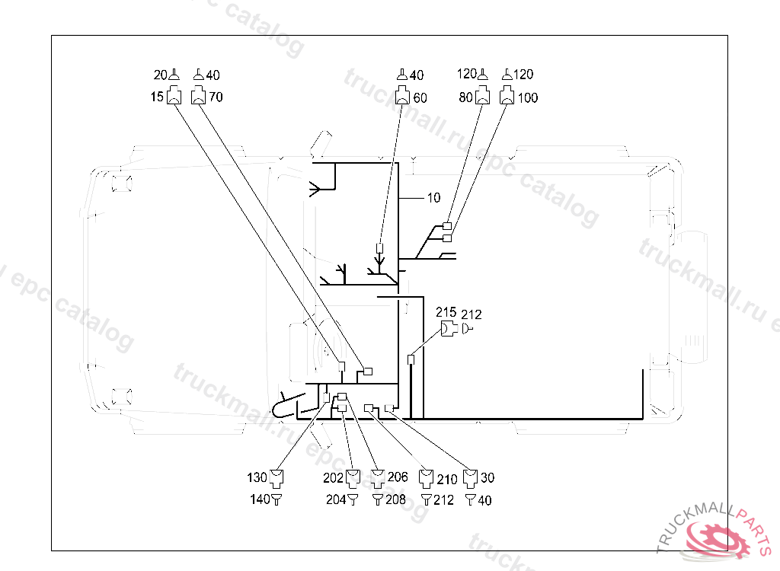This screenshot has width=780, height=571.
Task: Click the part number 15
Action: click(x=156, y=97)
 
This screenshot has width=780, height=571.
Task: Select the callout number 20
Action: click(x=160, y=75)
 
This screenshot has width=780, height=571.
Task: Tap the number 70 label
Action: click(x=216, y=97)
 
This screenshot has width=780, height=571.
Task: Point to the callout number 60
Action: click(x=420, y=97)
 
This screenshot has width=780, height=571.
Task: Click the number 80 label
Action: click(x=465, y=97)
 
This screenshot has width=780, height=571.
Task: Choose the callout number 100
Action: click(x=527, y=97)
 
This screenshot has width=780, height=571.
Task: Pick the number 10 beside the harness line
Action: click(x=433, y=198)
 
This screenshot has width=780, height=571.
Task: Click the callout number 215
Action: click(x=446, y=313)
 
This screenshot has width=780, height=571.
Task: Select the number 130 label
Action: click(x=257, y=478)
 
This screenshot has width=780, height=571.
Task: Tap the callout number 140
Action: click(x=261, y=500)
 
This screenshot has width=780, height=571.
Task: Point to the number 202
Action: click(x=333, y=478)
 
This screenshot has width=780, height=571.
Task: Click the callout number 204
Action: click(x=335, y=500)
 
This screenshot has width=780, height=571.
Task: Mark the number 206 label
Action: click(x=398, y=477)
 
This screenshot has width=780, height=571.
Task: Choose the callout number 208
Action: click(x=395, y=500)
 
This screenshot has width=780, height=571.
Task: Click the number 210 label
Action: click(x=447, y=479)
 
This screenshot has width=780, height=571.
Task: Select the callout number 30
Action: click(x=487, y=478)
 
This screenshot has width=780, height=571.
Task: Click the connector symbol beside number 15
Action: click(x=174, y=97)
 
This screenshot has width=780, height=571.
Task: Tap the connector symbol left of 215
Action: click(x=448, y=329)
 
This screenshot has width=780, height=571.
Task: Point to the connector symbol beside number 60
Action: click(x=403, y=97)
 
